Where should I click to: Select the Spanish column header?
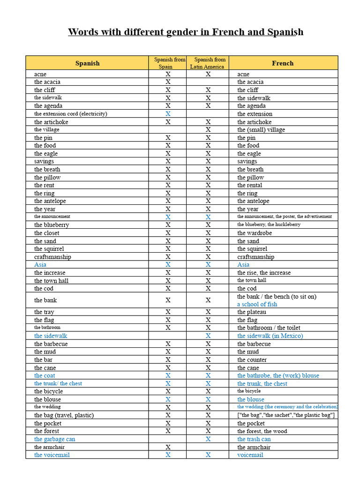click(x=87, y=63)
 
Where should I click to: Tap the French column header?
click(x=283, y=63)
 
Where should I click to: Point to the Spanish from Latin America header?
click(x=208, y=63)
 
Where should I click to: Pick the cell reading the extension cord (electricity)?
click(x=70, y=114)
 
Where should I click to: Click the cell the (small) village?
click(x=261, y=130)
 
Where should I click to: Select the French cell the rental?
click(x=249, y=185)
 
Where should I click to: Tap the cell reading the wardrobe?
click(x=254, y=233)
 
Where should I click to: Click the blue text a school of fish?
click(x=257, y=304)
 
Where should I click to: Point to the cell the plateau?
click(x=251, y=312)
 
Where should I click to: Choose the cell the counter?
click(x=252, y=360)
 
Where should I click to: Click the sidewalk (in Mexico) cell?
click(x=270, y=336)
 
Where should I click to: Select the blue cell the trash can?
click(x=254, y=439)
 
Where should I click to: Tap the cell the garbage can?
click(x=54, y=439)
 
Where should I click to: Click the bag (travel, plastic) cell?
click(x=64, y=415)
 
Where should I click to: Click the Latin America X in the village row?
click(x=208, y=130)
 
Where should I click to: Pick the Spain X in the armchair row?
click(x=168, y=447)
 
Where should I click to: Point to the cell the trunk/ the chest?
click(x=58, y=383)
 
